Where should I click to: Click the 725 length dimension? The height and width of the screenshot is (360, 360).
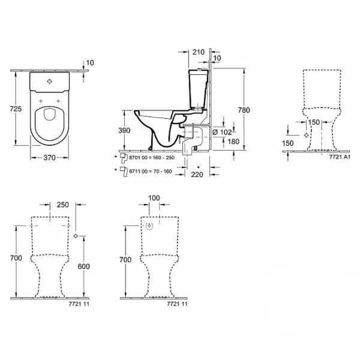(x=16, y=109)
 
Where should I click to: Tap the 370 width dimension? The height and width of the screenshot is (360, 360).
(x=50, y=157)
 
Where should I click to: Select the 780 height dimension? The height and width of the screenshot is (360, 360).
(x=244, y=110)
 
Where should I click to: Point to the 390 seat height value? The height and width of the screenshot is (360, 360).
(x=124, y=130)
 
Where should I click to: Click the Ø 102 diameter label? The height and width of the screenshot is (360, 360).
(x=223, y=132)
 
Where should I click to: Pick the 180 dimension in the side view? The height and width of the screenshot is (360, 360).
(x=233, y=142)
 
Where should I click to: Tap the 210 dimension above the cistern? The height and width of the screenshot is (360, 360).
(x=199, y=52)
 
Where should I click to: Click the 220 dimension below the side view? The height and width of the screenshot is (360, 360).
(x=197, y=175)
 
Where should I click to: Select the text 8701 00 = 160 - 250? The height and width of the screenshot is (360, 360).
(x=152, y=158)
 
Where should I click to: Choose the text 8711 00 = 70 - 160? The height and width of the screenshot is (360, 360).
(x=151, y=171)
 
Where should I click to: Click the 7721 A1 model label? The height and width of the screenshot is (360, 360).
(x=340, y=157)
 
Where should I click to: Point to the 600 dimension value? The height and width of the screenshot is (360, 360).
(x=83, y=266)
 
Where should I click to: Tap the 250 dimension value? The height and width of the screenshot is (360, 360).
(x=62, y=205)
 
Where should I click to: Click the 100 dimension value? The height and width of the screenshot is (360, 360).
(x=154, y=198)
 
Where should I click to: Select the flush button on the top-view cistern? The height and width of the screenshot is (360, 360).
(x=50, y=81)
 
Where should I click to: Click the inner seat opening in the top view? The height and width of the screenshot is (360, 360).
(x=49, y=114)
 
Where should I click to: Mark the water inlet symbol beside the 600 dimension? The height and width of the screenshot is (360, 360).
(x=76, y=236)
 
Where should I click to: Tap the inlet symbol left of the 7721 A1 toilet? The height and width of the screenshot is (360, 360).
(x=306, y=135)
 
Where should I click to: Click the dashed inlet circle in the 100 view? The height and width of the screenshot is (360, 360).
(x=149, y=226)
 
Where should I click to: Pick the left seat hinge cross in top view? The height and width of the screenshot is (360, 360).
(x=41, y=101)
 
